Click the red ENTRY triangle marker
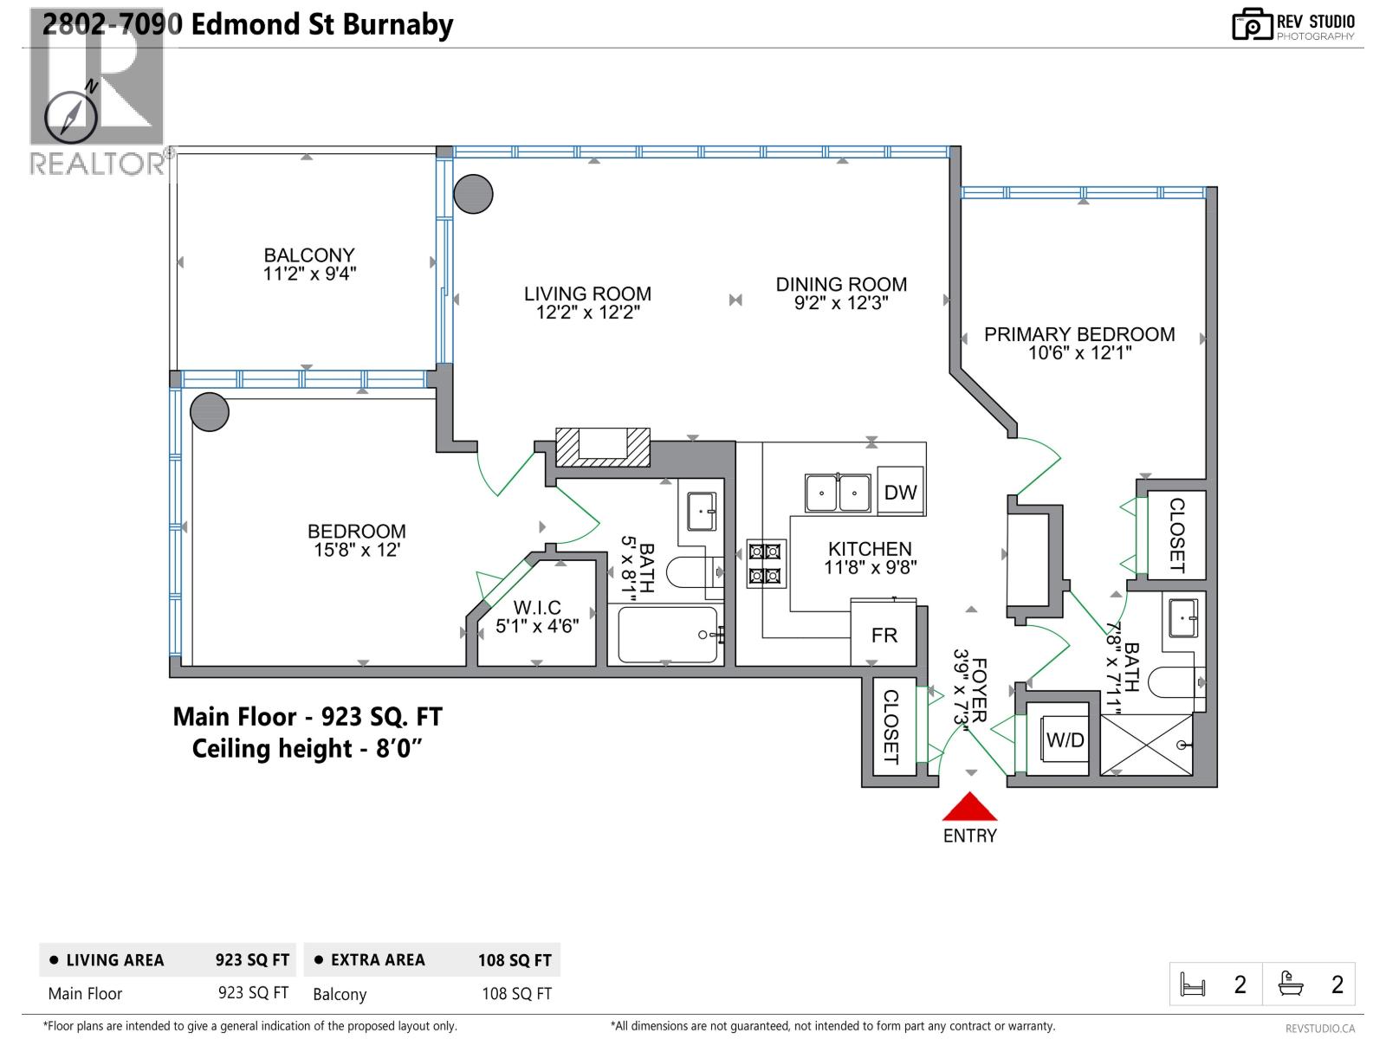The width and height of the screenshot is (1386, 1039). pos(969,809)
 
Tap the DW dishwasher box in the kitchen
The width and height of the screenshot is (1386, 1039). pos(900,492)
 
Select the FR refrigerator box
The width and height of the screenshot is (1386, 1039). pos(884,635)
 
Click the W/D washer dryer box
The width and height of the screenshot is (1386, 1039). pos(1065,739)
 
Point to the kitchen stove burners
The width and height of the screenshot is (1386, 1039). pos(766,563)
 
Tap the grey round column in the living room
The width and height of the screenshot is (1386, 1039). pos(473,194)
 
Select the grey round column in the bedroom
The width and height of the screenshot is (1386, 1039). pos(209,412)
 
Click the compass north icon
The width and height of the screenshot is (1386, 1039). pos(71,114)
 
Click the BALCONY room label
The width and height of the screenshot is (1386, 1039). pos(309,255)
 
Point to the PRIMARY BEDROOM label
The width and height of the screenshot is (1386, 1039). pos(1079,334)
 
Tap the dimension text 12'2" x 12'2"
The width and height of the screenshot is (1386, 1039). pos(587,313)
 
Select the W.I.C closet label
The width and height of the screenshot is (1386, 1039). pos(537,608)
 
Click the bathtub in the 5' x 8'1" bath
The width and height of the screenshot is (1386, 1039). pos(668,635)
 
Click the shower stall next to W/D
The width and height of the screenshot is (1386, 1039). pos(1146,745)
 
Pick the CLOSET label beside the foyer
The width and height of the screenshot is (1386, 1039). pos(891,726)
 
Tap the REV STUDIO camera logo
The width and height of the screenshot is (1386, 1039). pos(1251,24)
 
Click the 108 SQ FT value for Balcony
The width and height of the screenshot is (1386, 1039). pos(516,994)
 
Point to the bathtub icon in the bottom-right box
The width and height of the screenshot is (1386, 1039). pos(1291,984)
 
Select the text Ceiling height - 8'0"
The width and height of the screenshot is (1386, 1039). pos(307,748)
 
